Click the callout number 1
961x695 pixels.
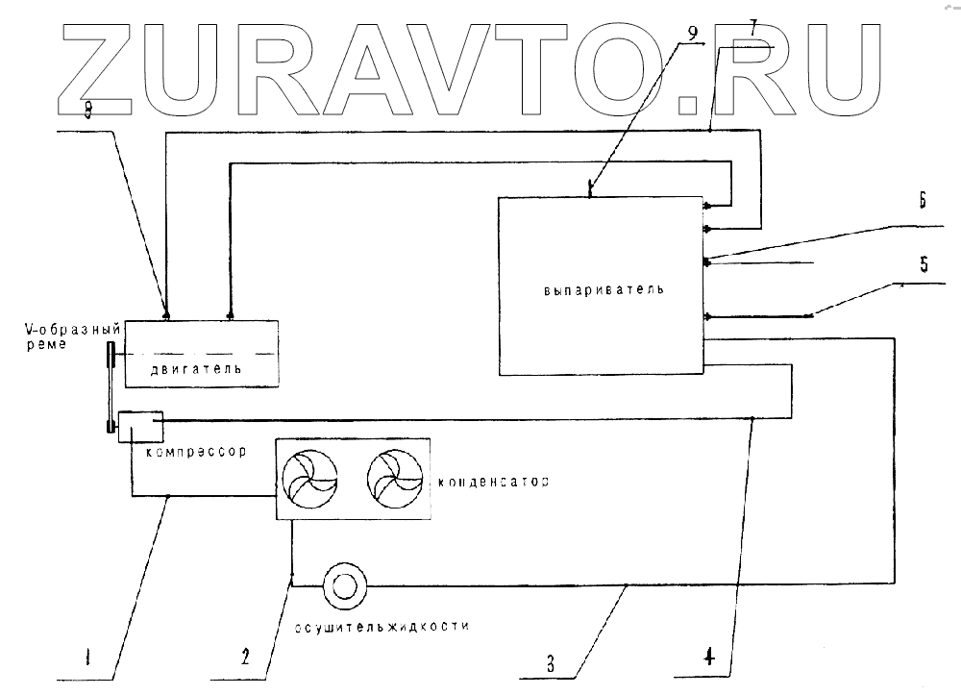click(x=86, y=659)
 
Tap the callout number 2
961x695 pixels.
click(x=245, y=658)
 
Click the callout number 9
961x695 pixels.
click(x=695, y=31)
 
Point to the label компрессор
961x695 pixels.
click(x=188, y=450)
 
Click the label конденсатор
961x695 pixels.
click(x=493, y=482)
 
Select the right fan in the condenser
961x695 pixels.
click(x=394, y=479)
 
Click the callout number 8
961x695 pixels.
click(x=87, y=112)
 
